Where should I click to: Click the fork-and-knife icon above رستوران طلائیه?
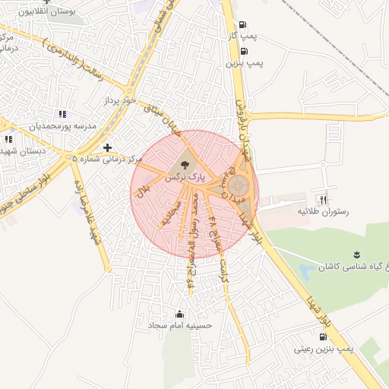tap(324, 199)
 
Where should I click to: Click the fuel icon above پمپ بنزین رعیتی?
tap(324, 336)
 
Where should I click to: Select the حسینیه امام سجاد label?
tap(180, 325)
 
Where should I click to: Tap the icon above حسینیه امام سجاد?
tap(179, 313)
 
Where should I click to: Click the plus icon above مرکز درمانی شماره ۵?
tap(107, 147)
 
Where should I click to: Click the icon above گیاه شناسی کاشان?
tap(354, 255)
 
